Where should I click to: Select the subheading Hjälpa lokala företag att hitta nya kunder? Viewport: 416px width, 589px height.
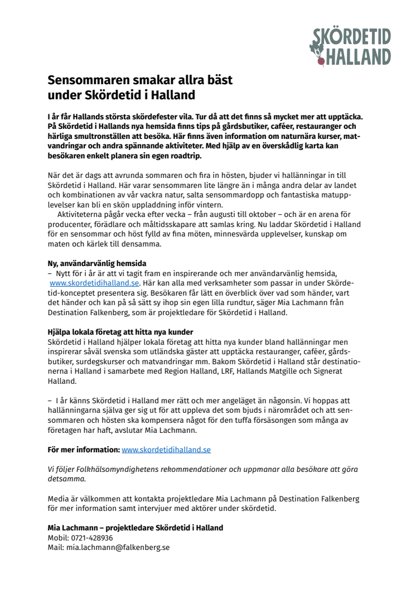point(120,331)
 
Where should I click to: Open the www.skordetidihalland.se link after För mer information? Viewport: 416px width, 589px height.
point(166,449)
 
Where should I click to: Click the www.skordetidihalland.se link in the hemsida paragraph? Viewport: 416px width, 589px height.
point(94,283)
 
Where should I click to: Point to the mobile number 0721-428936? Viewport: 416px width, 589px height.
point(91,538)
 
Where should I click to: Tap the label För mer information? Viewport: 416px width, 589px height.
point(84,449)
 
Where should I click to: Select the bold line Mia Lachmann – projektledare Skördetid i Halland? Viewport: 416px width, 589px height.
point(135,528)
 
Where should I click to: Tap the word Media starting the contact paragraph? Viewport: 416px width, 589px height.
point(59,498)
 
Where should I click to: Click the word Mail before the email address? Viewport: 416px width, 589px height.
point(55,548)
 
